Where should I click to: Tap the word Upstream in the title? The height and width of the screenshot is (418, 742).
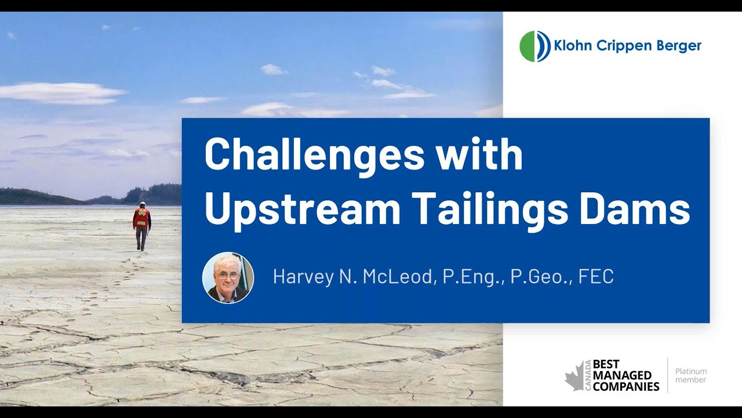[x=303, y=210]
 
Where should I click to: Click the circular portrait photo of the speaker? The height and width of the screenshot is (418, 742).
[x=228, y=278]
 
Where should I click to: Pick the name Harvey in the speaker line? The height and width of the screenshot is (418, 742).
[x=304, y=277]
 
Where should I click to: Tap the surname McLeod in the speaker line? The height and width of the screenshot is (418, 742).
[x=398, y=277]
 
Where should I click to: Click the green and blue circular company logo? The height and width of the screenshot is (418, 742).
[x=534, y=46]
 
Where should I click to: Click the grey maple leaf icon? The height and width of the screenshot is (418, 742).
[x=574, y=375]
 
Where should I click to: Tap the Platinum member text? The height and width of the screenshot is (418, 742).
[x=691, y=376]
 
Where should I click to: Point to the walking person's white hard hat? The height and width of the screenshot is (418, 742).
[x=142, y=204]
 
